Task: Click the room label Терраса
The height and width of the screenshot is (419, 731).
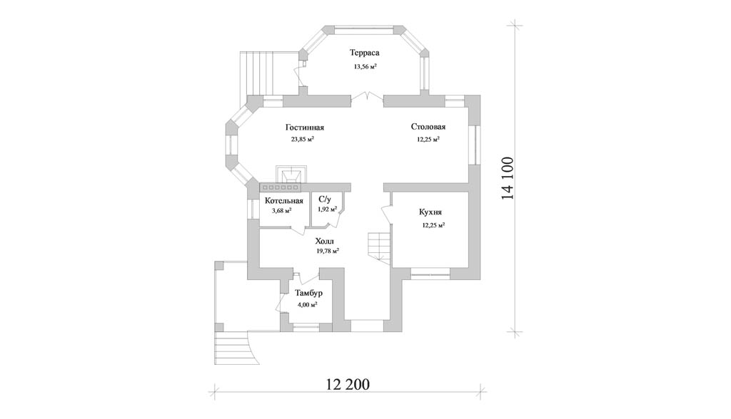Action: [365, 53]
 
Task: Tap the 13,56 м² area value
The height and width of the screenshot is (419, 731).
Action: [365, 66]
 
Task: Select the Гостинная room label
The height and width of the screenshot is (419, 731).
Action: [304, 128]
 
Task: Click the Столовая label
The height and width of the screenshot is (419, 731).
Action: [428, 127]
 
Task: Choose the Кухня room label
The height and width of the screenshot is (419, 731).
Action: [430, 212]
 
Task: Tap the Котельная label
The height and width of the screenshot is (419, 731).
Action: [284, 201]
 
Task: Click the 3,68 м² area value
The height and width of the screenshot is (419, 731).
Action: [281, 211]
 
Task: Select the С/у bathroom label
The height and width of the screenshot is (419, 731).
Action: [325, 200]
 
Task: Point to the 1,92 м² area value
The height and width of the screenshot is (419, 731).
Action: [327, 209]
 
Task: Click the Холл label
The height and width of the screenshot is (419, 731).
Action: [325, 241]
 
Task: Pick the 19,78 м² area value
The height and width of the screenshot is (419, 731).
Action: [328, 251]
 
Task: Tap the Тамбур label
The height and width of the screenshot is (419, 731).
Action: [308, 294]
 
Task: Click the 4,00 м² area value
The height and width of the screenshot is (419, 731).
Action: [307, 305]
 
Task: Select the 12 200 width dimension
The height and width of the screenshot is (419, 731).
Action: [348, 384]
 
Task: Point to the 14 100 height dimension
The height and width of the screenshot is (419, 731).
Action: [508, 178]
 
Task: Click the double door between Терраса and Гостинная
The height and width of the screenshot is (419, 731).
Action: [367, 96]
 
